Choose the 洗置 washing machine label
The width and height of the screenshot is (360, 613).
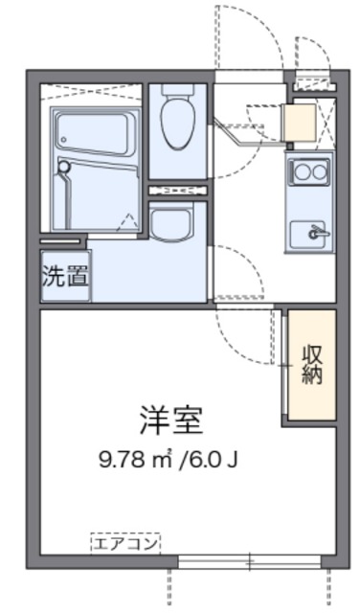coord(65,278)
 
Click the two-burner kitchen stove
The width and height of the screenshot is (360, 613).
coord(309,174)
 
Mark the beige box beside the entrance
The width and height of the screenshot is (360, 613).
coord(302,123)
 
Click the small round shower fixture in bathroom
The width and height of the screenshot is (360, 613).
coord(65,169)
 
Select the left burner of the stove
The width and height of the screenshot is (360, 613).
coord(300,174)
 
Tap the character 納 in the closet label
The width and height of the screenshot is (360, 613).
coord(313,375)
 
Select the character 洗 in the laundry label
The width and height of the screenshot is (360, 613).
coord(54,278)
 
